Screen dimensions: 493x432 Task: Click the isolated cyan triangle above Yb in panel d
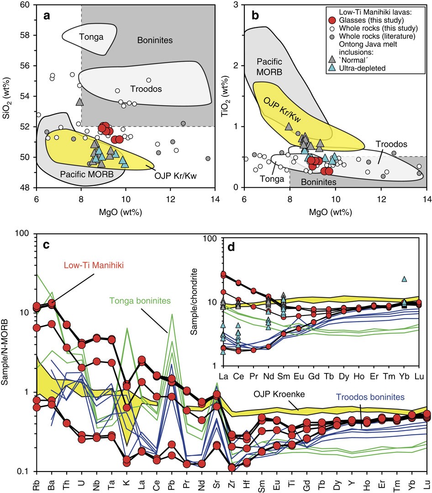coord(404,279)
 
